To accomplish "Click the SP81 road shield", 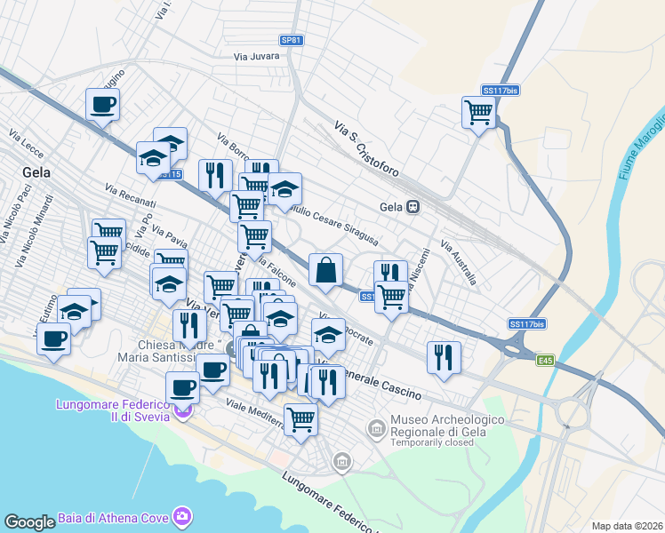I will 292,40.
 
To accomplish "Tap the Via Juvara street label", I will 256,56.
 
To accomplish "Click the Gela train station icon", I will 413,207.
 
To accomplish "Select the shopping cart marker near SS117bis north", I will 478,113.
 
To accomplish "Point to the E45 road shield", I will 546,361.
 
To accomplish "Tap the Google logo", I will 29,522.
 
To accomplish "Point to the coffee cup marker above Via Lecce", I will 102,104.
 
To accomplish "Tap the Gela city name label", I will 36,171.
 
